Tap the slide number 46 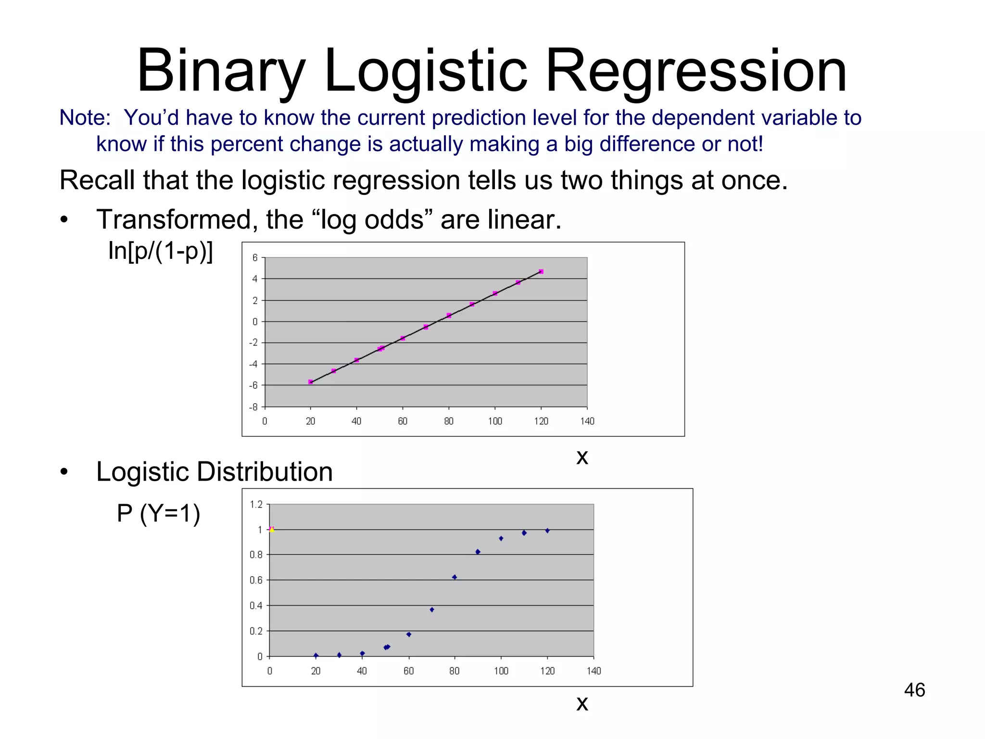914,690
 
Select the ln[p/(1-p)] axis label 160,251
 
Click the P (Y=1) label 158,513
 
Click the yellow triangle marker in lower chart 272,529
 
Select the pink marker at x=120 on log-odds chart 541,272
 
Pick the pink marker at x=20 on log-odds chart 311,382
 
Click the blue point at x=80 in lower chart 455,577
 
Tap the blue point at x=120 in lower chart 547,531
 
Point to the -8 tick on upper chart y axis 253,407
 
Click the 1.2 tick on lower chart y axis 256,504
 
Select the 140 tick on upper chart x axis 587,421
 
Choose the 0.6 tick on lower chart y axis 256,580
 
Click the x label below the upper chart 582,457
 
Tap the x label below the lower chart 582,704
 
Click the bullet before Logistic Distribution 64,472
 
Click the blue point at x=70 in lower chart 432,610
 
